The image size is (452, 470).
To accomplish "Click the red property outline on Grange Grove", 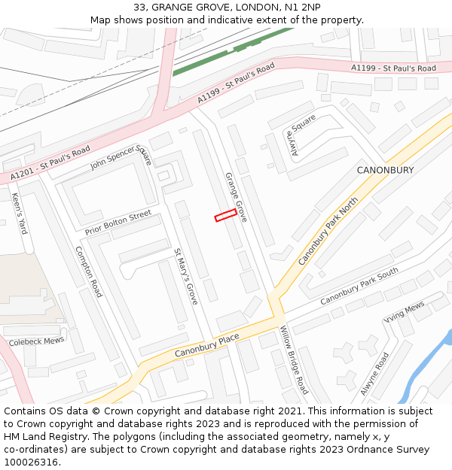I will (226, 215).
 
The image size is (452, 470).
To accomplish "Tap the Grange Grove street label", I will (236, 196).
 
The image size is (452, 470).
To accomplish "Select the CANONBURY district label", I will (385, 171).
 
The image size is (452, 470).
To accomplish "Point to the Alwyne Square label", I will (304, 135).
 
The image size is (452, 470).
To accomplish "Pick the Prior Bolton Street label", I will (118, 223).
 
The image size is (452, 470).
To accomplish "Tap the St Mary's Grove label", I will (185, 276).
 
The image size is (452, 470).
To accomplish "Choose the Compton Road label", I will (88, 271).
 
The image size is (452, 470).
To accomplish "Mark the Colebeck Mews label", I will (36, 341).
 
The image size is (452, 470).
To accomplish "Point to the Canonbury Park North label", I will (328, 231).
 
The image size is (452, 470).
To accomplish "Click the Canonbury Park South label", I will (359, 287).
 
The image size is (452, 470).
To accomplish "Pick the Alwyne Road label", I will (374, 373).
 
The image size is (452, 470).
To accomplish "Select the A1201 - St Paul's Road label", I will (50, 163).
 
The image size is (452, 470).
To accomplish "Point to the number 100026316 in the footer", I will (31, 462).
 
